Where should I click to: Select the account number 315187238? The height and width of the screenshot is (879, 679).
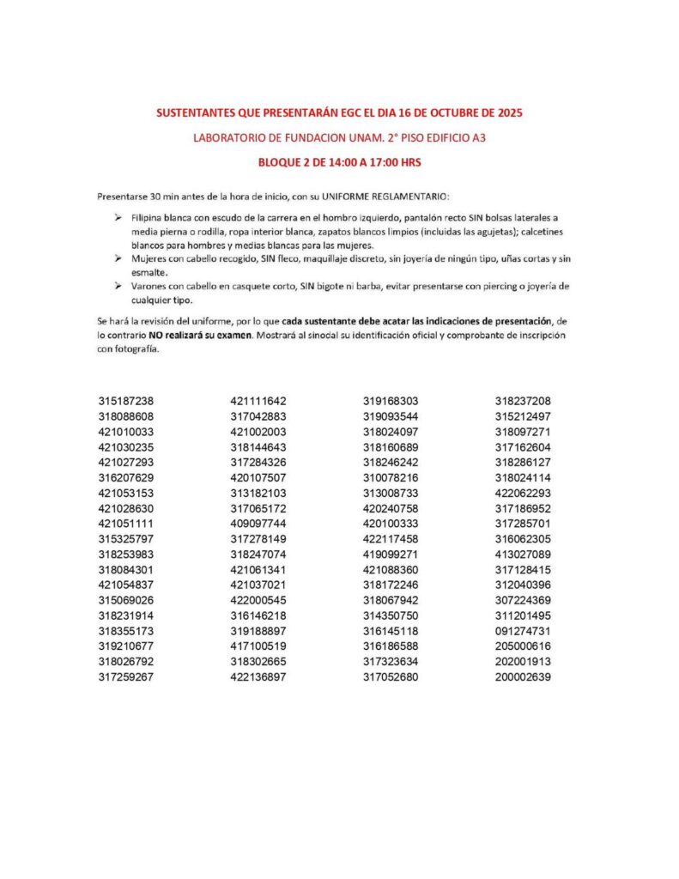coord(126,401)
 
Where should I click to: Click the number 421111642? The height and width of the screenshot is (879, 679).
coord(258,401)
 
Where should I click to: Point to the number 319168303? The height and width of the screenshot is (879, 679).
coord(391,401)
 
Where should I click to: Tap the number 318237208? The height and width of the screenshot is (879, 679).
coord(523,401)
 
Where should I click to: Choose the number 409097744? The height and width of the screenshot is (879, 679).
coord(258,523)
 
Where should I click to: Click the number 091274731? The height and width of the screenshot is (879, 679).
coord(523,631)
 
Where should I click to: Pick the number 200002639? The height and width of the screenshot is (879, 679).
coord(523,677)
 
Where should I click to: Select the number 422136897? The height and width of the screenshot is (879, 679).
coord(258,677)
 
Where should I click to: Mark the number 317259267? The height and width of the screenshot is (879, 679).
coord(126,677)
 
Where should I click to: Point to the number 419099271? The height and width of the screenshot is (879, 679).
coord(391,554)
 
